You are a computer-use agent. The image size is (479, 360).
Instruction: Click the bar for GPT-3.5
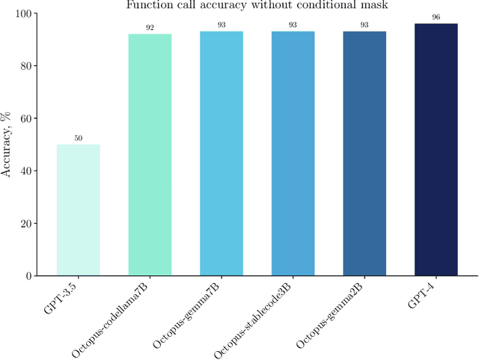click(x=78, y=210)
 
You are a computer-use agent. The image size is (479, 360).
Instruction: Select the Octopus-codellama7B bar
click(x=150, y=155)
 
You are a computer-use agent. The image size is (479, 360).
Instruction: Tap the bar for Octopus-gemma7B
click(x=222, y=153)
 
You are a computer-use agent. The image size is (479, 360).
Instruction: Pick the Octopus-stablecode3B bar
click(x=293, y=153)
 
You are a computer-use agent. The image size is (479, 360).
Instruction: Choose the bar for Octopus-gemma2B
click(x=364, y=153)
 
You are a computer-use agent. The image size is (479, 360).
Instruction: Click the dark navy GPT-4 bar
click(x=436, y=150)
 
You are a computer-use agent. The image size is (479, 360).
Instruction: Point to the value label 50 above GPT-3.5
click(x=78, y=138)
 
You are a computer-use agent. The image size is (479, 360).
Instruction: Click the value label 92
click(x=150, y=28)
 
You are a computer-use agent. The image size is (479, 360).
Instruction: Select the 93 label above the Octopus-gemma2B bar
click(x=364, y=25)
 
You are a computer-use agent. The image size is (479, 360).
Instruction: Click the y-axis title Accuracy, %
click(x=7, y=145)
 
